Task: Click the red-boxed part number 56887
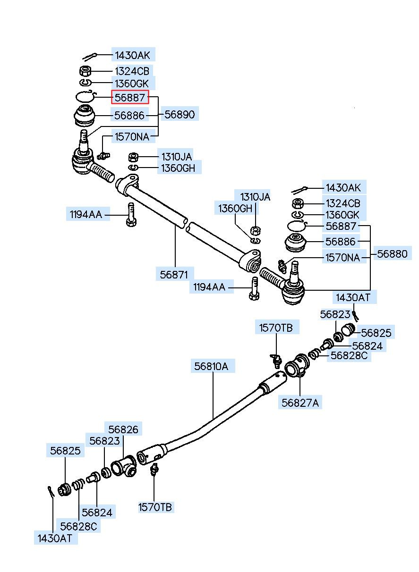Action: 130,97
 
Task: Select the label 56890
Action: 180,114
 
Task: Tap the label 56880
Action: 392,253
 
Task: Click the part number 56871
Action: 174,275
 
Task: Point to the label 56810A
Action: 211,366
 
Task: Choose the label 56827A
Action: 300,403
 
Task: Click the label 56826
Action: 123,429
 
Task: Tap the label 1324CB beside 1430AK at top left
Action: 132,71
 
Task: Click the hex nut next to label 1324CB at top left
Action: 85,71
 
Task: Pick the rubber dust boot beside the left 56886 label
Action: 85,116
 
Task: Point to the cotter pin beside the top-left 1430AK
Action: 90,57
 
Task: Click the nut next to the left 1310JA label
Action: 133,157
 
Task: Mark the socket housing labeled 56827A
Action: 297,365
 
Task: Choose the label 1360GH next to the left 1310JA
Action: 178,168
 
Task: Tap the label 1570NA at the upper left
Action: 132,137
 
